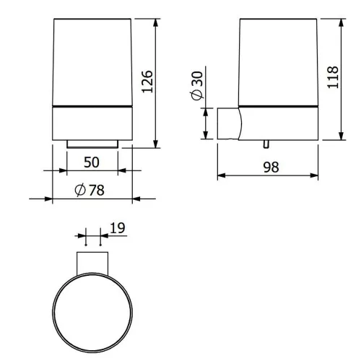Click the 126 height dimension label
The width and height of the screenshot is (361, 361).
tap(147, 82)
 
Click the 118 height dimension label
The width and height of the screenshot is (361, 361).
tap(333, 77)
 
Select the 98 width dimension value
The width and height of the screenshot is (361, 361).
tap(271, 167)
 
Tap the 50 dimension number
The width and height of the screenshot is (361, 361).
tap(92, 162)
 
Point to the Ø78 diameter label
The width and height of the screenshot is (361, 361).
tap(90, 190)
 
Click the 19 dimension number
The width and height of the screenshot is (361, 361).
tap(118, 228)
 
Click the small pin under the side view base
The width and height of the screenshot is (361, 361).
tap(266, 144)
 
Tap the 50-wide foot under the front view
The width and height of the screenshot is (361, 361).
tap(92, 144)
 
